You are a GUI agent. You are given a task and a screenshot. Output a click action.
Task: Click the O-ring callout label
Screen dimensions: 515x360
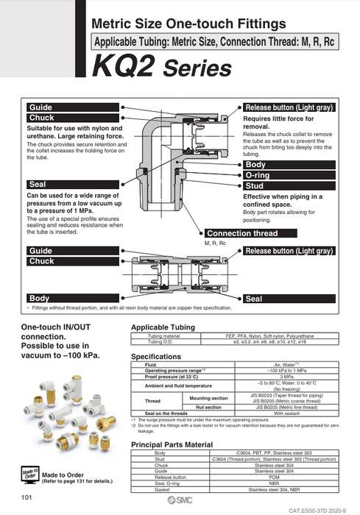(257, 176)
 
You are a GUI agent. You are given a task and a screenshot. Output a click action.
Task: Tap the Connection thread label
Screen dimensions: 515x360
(242, 233)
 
